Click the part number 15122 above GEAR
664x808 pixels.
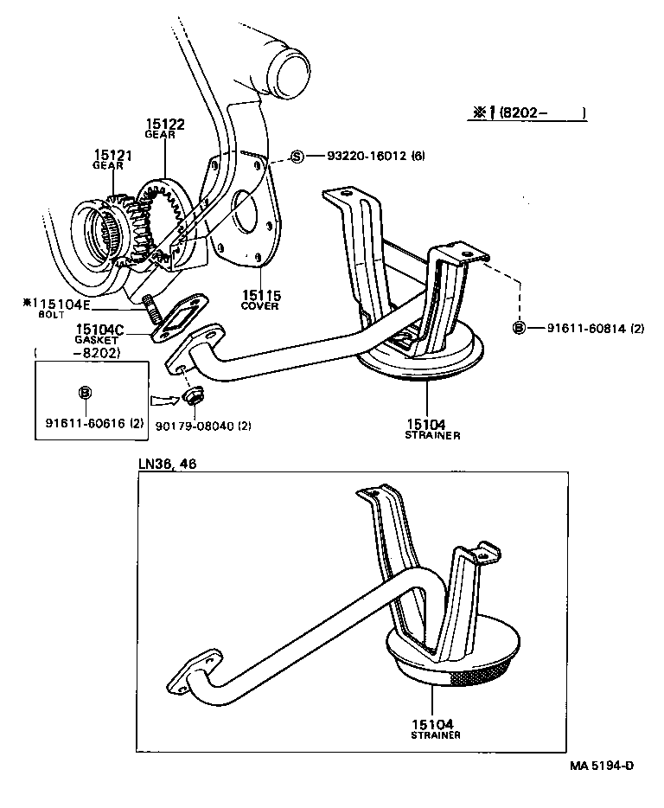(164, 125)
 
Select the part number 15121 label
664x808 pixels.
(113, 155)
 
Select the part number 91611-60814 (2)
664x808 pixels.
(596, 328)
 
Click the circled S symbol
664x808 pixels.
(297, 157)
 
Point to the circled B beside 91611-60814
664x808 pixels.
(519, 328)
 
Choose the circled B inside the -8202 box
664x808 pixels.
(85, 393)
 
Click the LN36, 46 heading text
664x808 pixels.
(167, 464)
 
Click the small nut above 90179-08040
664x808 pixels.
(195, 395)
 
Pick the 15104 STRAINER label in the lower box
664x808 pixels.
(432, 728)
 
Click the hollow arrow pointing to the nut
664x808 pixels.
(163, 400)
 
